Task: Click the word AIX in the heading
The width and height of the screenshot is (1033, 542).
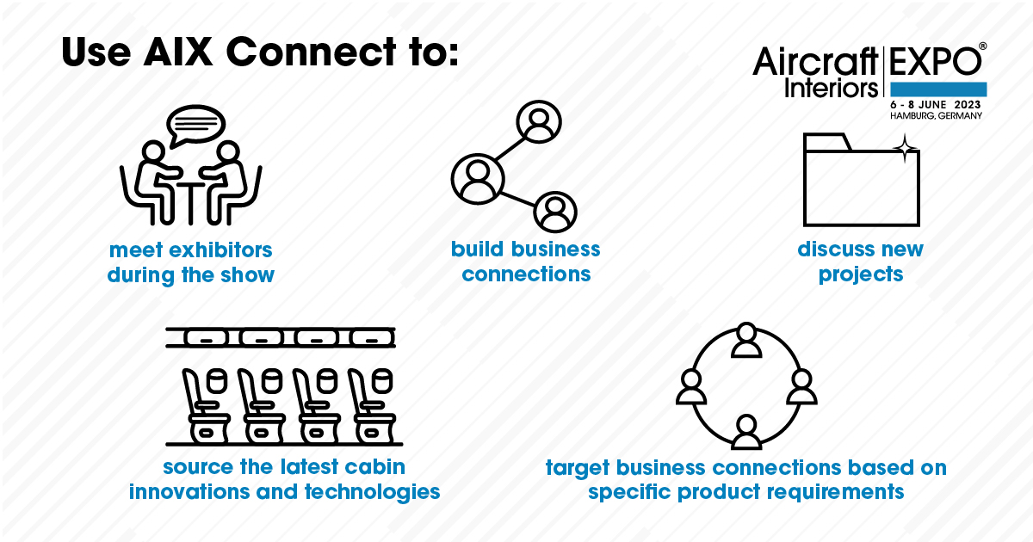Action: click(x=178, y=52)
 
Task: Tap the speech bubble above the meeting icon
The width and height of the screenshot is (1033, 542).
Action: click(x=195, y=126)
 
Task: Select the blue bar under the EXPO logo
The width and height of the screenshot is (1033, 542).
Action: click(x=938, y=89)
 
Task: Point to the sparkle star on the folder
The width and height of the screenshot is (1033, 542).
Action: click(x=905, y=148)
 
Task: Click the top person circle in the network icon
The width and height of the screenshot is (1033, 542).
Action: click(x=539, y=121)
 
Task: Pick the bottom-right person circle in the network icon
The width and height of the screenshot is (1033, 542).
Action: click(x=555, y=212)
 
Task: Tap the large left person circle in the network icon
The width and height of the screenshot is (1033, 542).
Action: click(x=478, y=179)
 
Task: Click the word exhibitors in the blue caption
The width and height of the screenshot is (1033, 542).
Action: click(x=221, y=250)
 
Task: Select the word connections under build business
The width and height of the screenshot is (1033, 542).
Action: click(x=526, y=274)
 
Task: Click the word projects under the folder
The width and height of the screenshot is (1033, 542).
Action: click(x=861, y=275)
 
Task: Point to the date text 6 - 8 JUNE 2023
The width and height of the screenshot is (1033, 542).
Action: click(x=935, y=105)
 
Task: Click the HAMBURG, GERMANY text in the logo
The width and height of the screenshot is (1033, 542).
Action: click(x=936, y=115)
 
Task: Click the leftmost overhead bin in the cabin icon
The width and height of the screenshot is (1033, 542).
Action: click(x=206, y=338)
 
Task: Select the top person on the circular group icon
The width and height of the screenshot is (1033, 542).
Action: click(x=746, y=340)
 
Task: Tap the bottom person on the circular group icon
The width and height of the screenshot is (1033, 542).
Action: click(x=746, y=431)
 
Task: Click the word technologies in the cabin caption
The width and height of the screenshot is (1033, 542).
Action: click(x=372, y=492)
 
